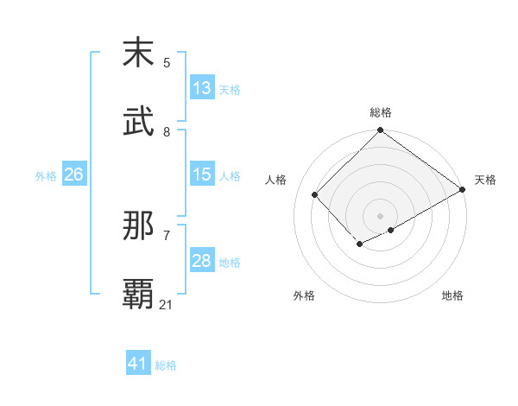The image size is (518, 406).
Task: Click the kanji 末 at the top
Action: coord(138,53)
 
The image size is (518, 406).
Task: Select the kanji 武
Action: coord(138,122)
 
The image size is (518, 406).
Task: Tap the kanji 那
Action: coord(138,225)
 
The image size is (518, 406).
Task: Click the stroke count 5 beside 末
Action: coord(167,62)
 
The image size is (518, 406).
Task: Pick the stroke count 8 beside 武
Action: coord(167,131)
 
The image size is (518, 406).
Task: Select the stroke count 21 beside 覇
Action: coord(167,304)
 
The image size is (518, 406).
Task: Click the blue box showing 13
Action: coord(202,88)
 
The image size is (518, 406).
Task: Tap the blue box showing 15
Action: coord(202,174)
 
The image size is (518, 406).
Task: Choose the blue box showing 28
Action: coord(202,261)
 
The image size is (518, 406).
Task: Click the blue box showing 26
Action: coord(73,174)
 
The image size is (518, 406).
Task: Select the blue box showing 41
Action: coord(138,364)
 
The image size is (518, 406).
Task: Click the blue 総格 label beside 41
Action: coord(166,365)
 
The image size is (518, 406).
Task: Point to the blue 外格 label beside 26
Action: coord(46,176)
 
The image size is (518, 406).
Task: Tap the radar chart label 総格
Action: coord(381,112)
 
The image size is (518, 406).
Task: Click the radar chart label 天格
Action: coord(485,180)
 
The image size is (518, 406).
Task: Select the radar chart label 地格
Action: coord(452,295)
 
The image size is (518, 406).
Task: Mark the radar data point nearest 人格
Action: coord(315,194)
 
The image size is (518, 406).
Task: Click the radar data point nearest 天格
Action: coord(463,189)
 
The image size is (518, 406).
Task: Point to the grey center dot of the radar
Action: coord(380,215)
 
